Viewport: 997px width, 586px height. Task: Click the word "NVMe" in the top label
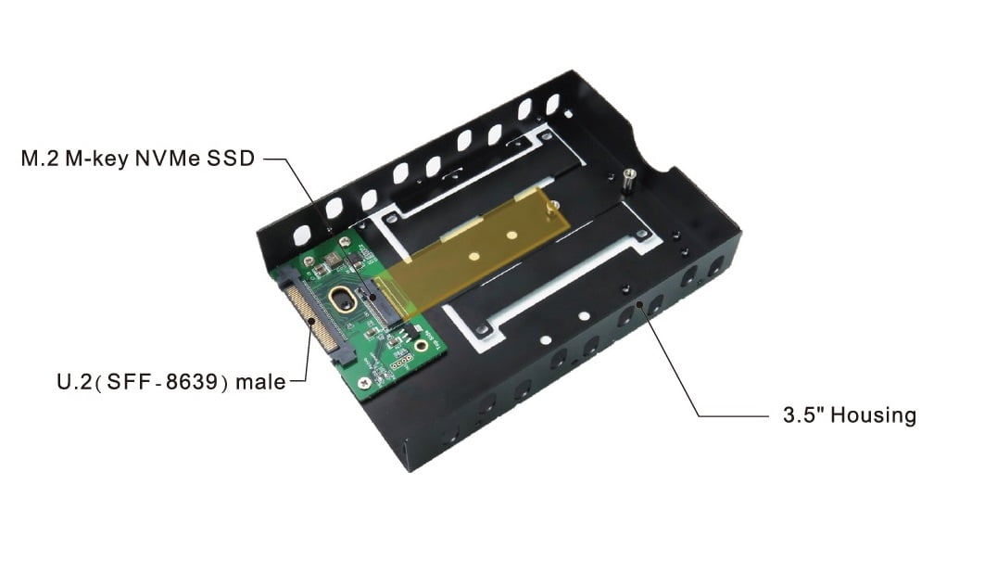coord(168,159)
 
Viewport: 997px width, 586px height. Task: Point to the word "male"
coord(260,382)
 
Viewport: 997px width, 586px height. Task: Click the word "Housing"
coord(874,415)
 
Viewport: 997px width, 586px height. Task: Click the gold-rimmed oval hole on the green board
coord(343,299)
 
